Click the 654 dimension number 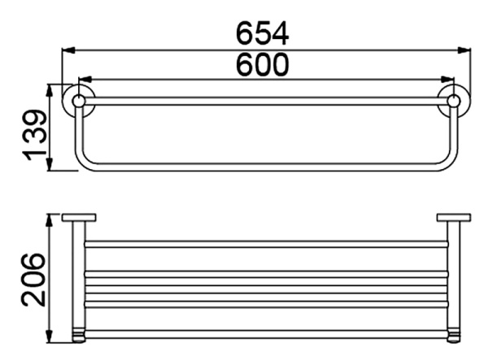[263, 33]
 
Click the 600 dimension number [263, 64]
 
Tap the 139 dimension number [36, 135]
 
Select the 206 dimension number [34, 280]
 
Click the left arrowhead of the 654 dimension [68, 50]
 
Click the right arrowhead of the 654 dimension [464, 50]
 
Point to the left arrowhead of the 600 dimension [85, 80]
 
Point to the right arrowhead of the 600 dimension [447, 80]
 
